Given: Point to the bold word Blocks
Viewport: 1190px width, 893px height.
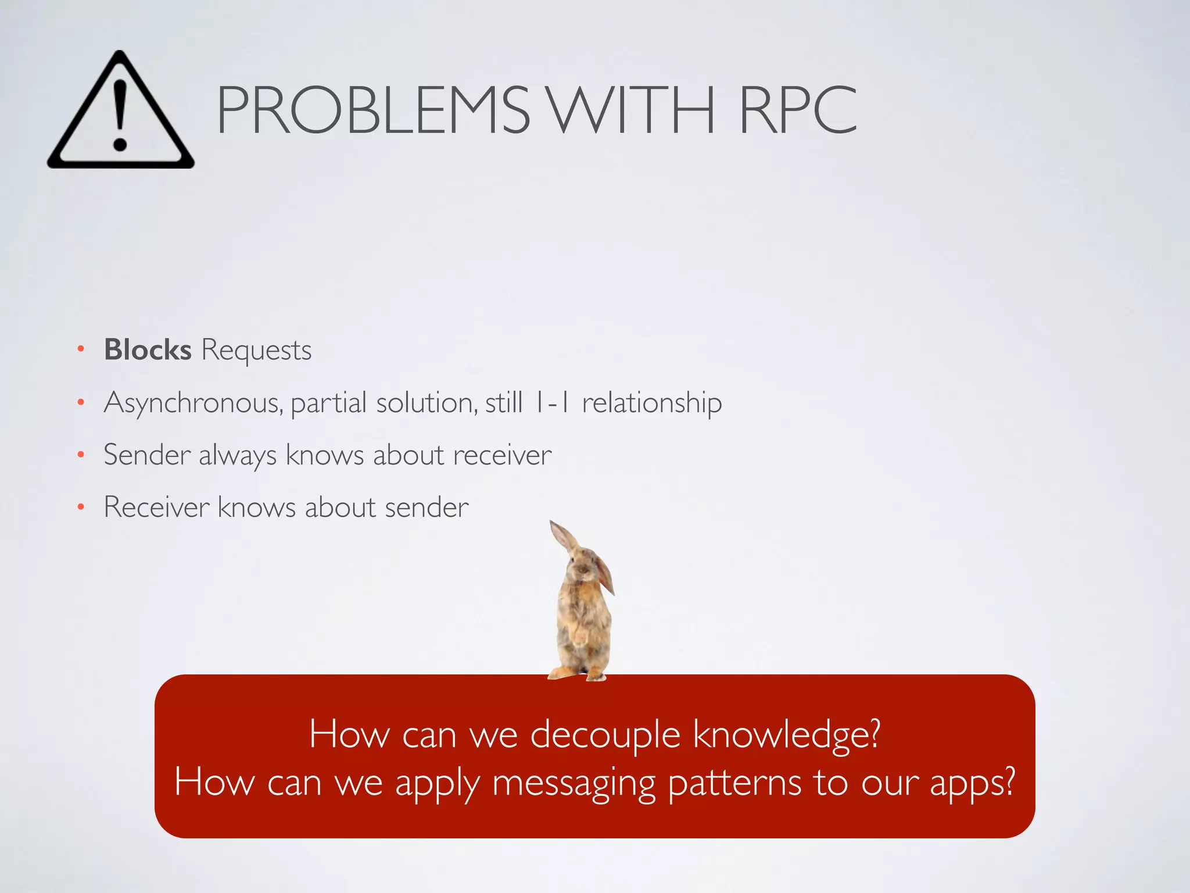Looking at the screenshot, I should coord(148,350).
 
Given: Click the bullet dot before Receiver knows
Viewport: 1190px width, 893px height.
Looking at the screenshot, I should coord(81,508).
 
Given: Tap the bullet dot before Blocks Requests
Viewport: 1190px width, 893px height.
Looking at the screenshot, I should coord(81,349).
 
